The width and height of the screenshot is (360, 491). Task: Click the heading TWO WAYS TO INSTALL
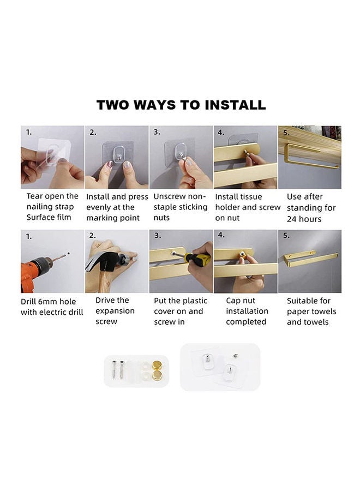[181, 105]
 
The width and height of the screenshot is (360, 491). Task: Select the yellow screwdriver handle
[197, 258]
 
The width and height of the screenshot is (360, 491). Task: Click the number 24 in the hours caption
[291, 219]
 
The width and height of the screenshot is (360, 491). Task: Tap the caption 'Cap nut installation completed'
[247, 311]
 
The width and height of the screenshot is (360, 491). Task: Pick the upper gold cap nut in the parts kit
[157, 365]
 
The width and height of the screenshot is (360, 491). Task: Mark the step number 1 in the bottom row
[28, 236]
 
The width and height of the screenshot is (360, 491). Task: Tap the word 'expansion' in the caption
[115, 311]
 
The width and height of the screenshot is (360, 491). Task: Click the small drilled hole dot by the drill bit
[69, 253]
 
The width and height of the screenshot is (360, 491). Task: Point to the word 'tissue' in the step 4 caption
[251, 196]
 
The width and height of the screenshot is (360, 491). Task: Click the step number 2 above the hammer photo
[92, 236]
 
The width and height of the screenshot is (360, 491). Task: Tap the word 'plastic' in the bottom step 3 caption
[195, 301]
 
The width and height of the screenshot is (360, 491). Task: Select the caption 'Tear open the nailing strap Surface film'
[52, 207]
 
